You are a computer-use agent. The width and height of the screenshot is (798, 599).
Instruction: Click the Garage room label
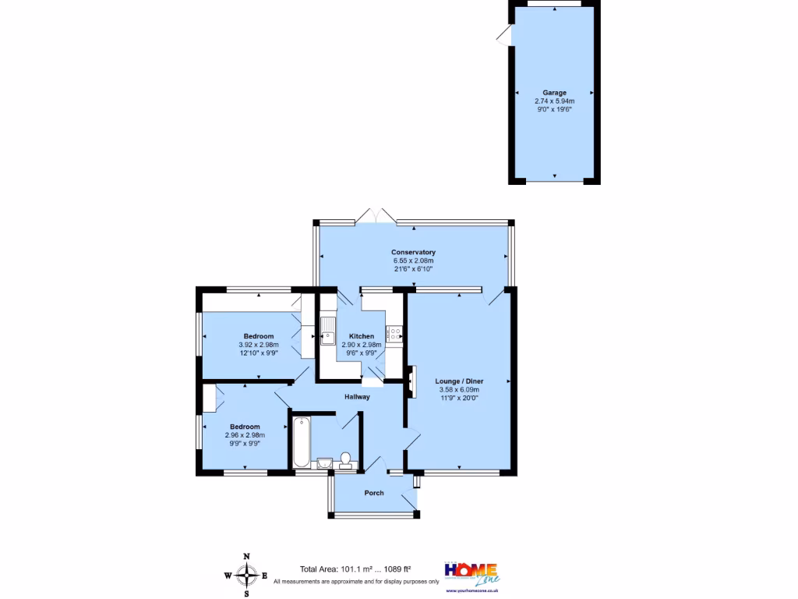[x=554, y=93]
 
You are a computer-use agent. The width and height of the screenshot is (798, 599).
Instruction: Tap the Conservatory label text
[x=413, y=253]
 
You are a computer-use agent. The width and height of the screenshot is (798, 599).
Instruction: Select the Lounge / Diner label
[x=457, y=381]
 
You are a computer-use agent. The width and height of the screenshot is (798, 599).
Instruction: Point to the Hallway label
[x=357, y=397]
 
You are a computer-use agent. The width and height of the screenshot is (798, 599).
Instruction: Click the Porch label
[x=374, y=493]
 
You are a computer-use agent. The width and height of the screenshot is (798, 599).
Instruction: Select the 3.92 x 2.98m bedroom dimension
[x=257, y=345]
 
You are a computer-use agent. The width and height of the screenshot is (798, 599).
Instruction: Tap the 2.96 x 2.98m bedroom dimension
[x=245, y=435]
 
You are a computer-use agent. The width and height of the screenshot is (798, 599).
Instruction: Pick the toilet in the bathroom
[x=345, y=461]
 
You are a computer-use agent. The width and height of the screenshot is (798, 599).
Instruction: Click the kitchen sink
[x=327, y=331]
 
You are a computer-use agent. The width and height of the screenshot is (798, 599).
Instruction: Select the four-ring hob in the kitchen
[x=394, y=333]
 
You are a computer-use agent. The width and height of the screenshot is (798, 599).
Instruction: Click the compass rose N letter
[x=247, y=556]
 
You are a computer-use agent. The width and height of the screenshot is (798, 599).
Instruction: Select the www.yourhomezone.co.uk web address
[x=472, y=590]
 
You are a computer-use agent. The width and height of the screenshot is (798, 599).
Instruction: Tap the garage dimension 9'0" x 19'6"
[x=554, y=110]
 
